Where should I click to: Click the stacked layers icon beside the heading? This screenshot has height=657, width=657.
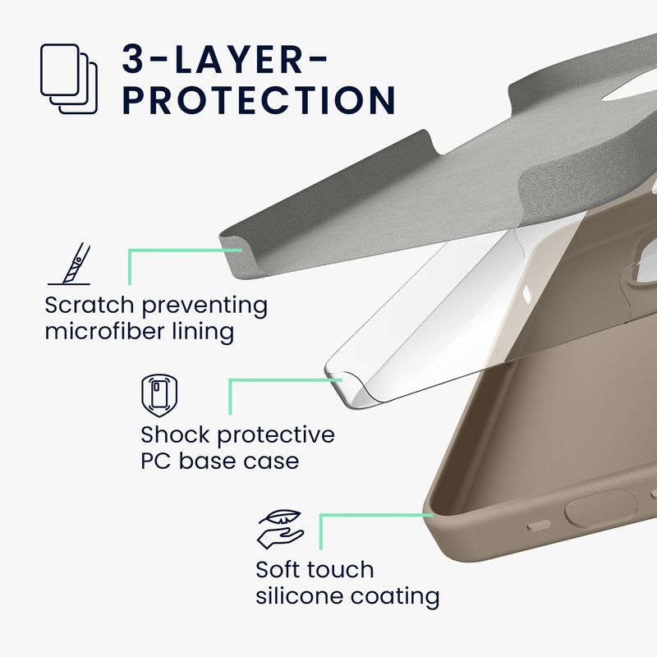click(69, 79)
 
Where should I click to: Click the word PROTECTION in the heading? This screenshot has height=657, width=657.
click(259, 100)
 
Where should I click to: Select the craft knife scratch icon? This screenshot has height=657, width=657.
click(70, 264)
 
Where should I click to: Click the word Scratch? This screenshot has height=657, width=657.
click(90, 305)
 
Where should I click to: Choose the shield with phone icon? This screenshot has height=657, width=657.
click(159, 395)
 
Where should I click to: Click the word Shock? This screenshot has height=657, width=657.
click(176, 434)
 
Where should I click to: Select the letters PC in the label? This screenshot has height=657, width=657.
click(156, 462)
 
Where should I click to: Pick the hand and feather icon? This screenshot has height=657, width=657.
click(281, 529)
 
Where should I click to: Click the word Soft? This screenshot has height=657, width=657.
click(281, 570)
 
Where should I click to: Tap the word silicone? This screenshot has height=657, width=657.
click(300, 596)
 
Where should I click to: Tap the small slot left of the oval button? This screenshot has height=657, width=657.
click(539, 525)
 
